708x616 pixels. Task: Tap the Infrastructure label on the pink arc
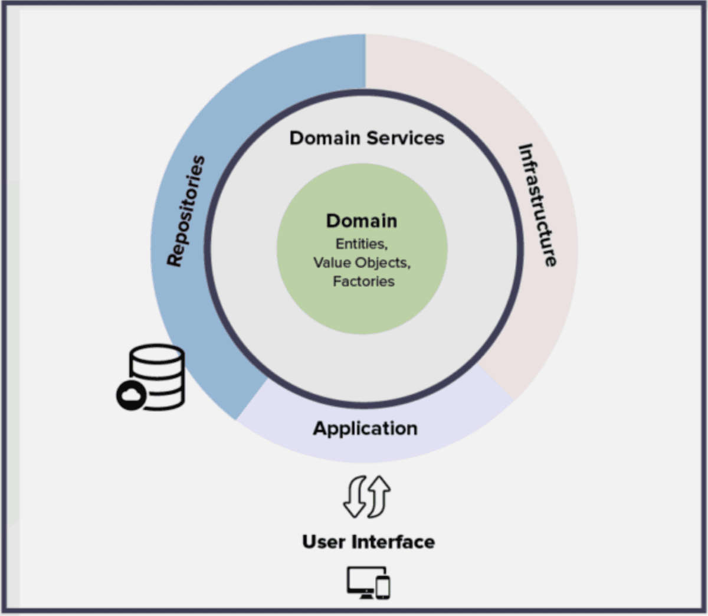click(x=537, y=205)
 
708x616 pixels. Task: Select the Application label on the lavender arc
click(x=365, y=428)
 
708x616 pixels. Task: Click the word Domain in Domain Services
click(x=324, y=138)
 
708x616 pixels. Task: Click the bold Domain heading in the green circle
click(x=362, y=221)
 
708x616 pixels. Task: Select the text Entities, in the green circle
click(x=362, y=244)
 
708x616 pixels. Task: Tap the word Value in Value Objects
click(x=332, y=263)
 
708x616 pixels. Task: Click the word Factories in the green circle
click(x=363, y=281)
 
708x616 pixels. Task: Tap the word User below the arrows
click(x=324, y=542)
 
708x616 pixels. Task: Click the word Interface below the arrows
click(x=394, y=542)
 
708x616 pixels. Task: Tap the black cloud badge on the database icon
click(x=130, y=395)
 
